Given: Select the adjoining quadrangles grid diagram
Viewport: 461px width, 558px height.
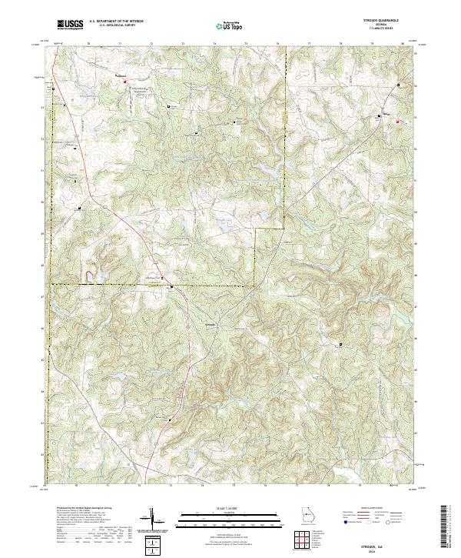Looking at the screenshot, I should click(x=306, y=541).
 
